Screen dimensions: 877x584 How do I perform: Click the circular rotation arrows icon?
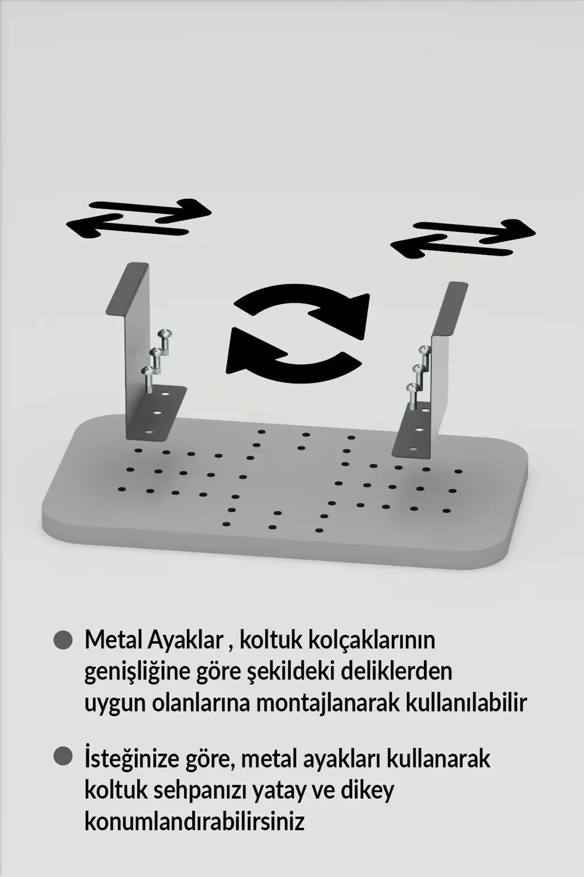[x=298, y=334]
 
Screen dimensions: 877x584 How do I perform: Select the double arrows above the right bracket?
[x=463, y=238]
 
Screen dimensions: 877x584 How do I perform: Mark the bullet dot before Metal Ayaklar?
[x=62, y=640]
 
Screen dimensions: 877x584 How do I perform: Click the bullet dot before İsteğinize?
[x=62, y=757]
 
